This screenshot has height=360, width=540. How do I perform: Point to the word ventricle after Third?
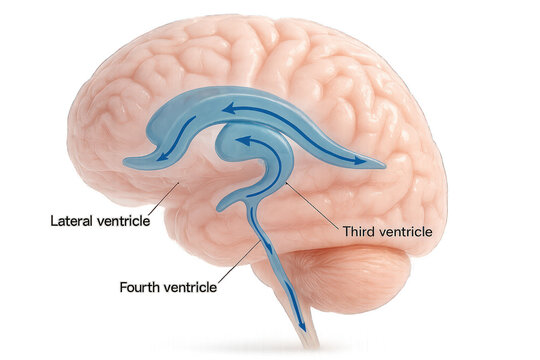click(x=406, y=232)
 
